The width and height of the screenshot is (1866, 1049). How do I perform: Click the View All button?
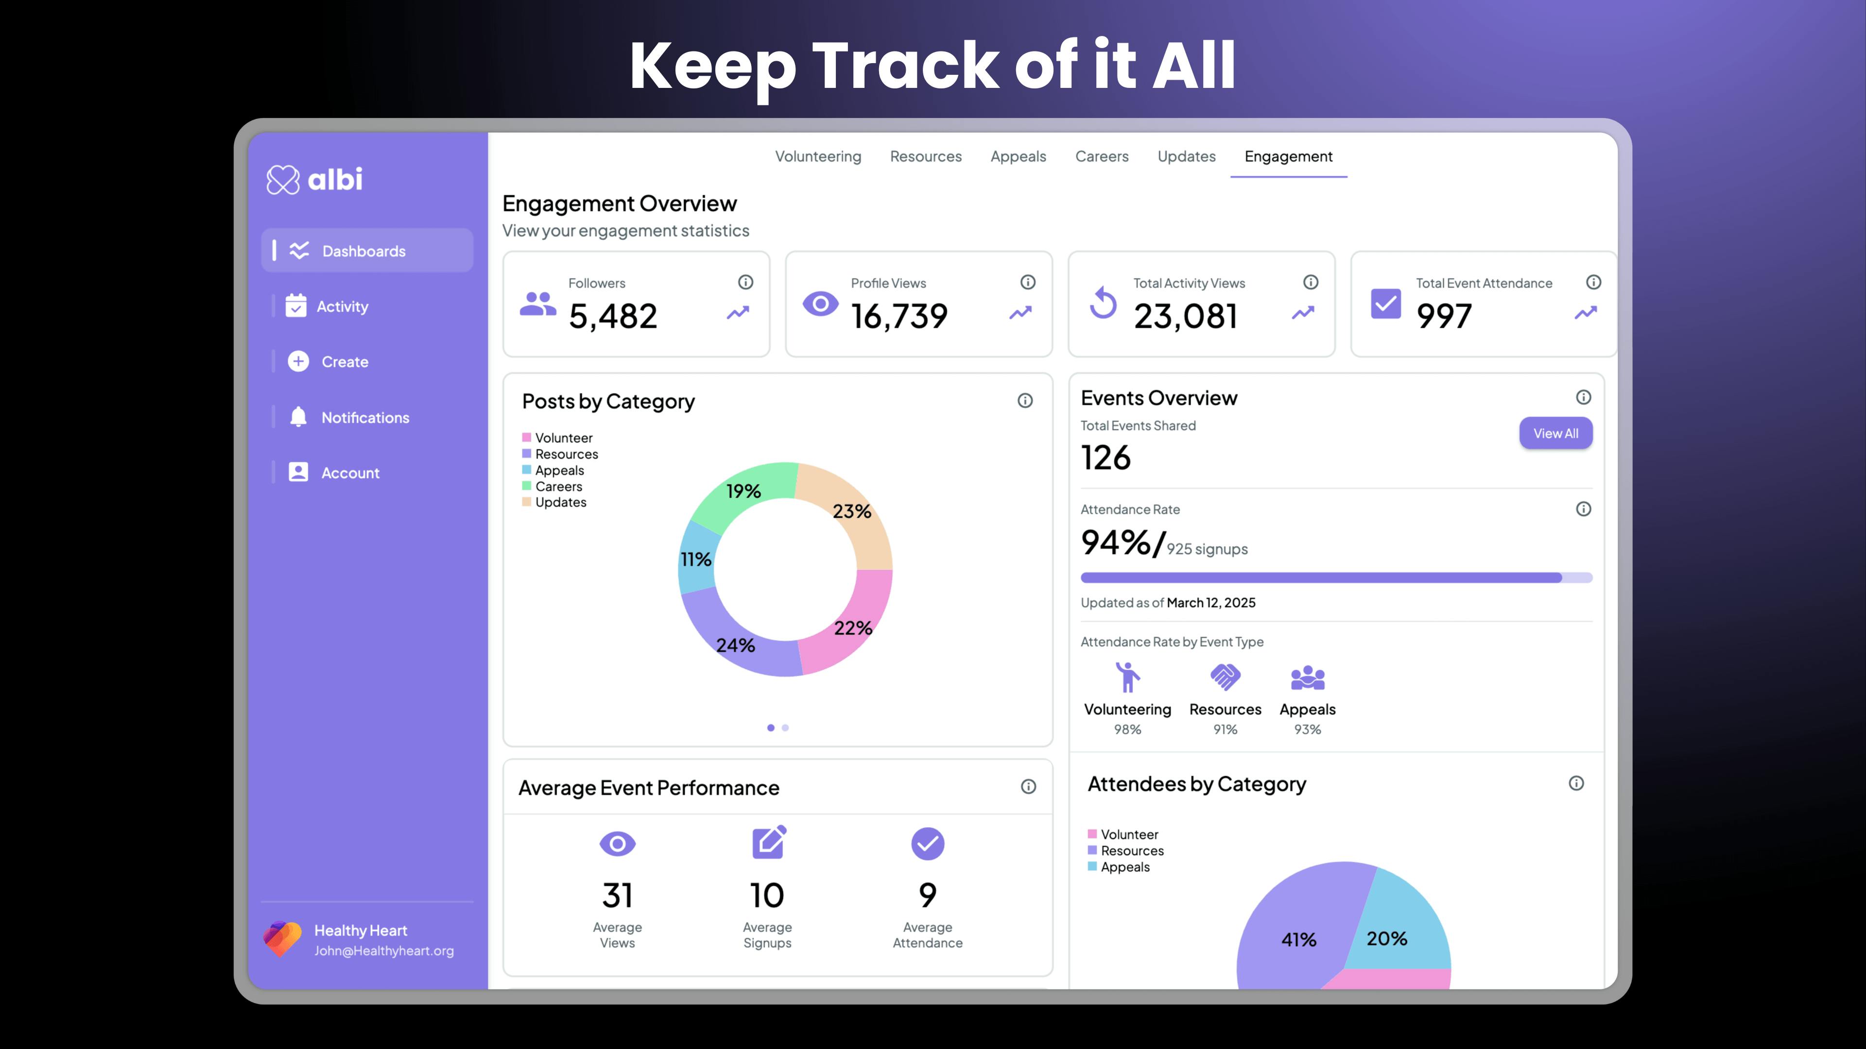click(1555, 433)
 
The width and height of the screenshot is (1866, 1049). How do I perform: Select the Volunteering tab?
click(818, 156)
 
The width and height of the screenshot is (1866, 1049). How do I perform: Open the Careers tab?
click(1101, 156)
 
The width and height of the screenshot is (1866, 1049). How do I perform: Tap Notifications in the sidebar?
click(364, 417)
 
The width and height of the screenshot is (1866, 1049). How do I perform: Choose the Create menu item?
click(345, 361)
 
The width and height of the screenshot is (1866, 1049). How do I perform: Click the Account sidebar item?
click(350, 473)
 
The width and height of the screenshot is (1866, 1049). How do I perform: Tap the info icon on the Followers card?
click(745, 282)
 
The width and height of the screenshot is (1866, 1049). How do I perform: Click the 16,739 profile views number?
click(899, 316)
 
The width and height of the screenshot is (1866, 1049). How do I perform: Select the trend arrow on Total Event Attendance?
click(1585, 313)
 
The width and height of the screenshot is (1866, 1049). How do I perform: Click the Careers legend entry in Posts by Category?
click(558, 487)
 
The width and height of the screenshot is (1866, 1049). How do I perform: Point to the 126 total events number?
click(1106, 457)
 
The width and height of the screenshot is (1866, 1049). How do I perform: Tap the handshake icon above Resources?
click(1225, 677)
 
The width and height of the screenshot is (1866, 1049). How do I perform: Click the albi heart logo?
click(282, 180)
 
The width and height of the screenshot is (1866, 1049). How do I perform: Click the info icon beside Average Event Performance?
click(1028, 786)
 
